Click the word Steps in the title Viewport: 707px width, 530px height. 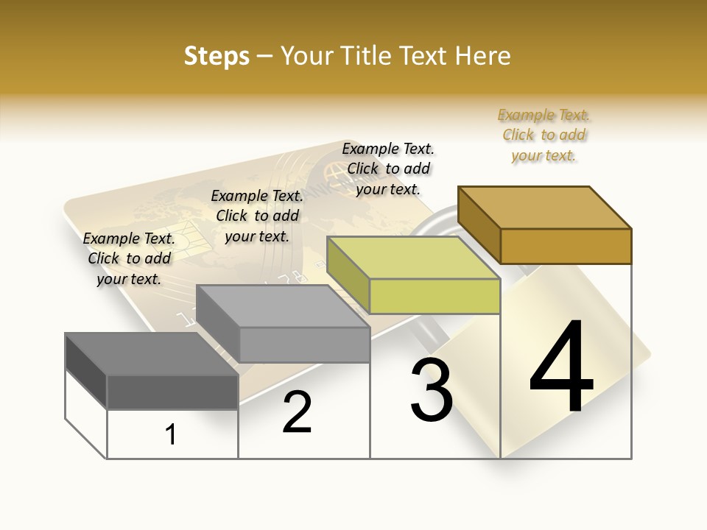[x=217, y=56]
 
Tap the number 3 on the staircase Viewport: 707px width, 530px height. [x=431, y=390]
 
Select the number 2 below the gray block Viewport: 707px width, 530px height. [x=297, y=412]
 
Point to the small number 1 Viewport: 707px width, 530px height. [x=171, y=435]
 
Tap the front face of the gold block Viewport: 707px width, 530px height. [x=566, y=246]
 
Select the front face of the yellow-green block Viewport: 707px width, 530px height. [x=435, y=296]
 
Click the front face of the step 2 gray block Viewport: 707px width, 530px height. [x=304, y=344]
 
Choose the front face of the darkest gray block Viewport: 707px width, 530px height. [x=172, y=392]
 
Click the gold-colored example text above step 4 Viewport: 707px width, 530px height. [x=544, y=135]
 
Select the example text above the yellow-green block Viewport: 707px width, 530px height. [x=388, y=169]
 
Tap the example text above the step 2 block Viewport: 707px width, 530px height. [x=257, y=216]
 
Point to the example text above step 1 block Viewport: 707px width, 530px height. [x=129, y=258]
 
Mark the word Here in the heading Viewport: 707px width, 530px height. [x=485, y=56]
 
